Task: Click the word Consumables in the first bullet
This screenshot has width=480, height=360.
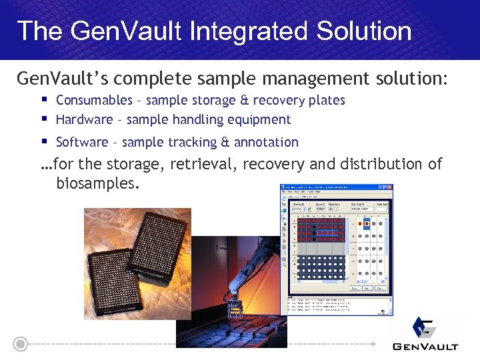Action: pos(94,100)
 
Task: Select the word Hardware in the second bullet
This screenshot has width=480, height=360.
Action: pos(84,120)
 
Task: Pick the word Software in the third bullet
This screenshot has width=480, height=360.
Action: pos(81,142)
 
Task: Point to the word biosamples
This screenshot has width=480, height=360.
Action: pos(98,183)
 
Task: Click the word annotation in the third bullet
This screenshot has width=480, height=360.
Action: pos(266,142)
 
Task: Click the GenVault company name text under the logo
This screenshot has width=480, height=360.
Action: pos(425,346)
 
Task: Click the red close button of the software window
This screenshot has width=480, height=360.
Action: pos(389,187)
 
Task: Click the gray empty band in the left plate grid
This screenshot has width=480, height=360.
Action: pos(320,248)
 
